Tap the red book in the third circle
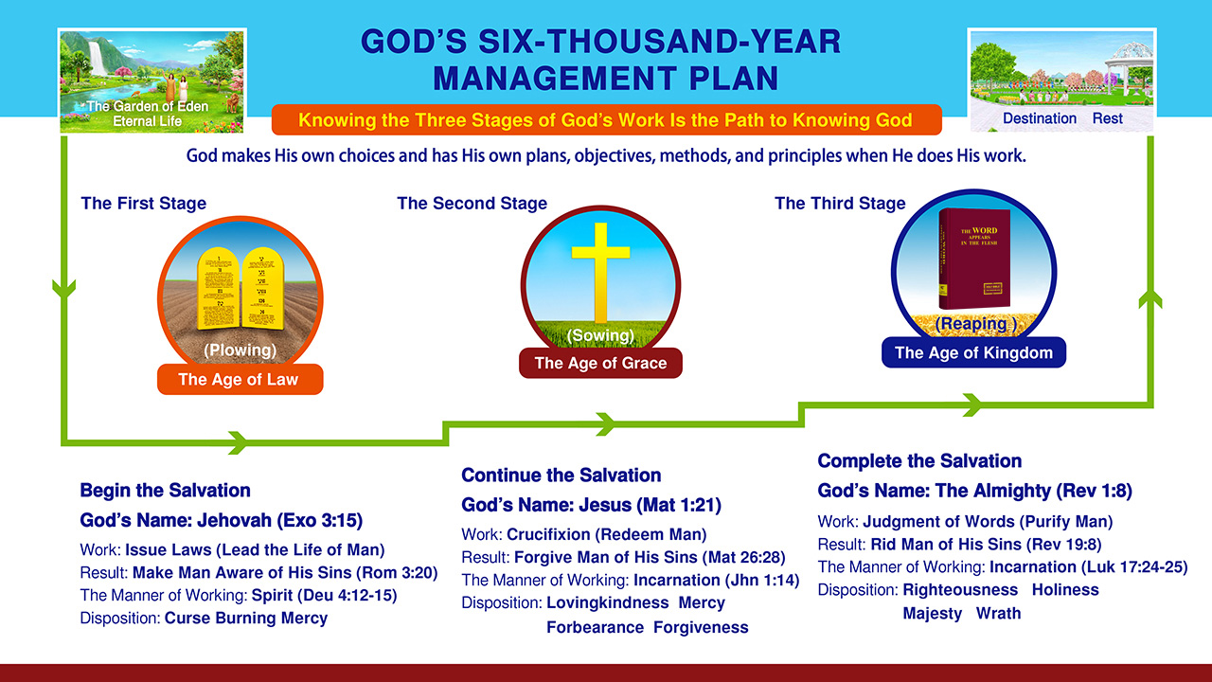(x=974, y=258)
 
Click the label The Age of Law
(x=239, y=380)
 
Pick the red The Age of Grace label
(x=600, y=363)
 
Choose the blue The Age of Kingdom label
(x=973, y=353)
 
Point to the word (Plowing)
(x=240, y=350)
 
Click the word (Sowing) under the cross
(x=600, y=335)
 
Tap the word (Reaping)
(x=974, y=324)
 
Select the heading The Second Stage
(x=472, y=204)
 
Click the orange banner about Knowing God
(x=606, y=120)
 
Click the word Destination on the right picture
(x=1039, y=118)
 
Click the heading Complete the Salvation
(x=919, y=461)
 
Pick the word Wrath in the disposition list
(x=998, y=613)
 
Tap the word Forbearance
(x=595, y=627)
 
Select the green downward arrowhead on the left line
(x=63, y=287)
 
